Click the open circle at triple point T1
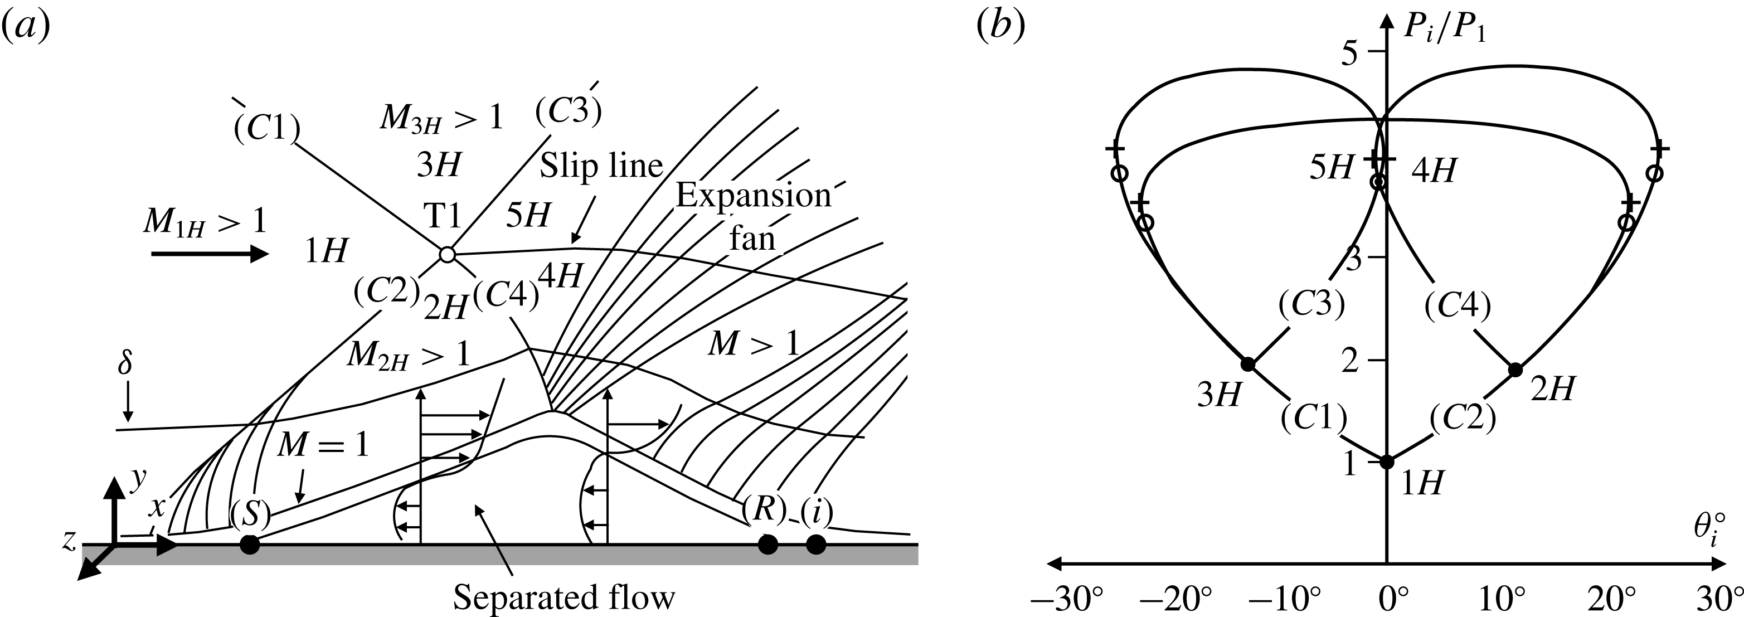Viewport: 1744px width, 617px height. [x=447, y=255]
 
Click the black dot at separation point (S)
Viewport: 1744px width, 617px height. [x=250, y=544]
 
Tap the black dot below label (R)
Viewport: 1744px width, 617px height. [x=767, y=544]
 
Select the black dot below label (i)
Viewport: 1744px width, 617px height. [x=816, y=544]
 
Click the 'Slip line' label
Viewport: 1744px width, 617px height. [x=600, y=166]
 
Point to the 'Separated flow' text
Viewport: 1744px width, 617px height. [x=564, y=597]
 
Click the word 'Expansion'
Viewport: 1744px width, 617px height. [x=753, y=196]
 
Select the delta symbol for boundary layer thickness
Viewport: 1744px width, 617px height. [x=125, y=364]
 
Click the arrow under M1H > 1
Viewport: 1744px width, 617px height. [x=210, y=255]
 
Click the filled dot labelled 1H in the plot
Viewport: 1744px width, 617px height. [x=1387, y=462]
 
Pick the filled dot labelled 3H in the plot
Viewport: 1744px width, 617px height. [x=1249, y=365]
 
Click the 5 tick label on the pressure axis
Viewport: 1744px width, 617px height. [x=1350, y=53]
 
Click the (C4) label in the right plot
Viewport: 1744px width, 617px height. [x=1458, y=306]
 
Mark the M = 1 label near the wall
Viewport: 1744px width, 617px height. [x=323, y=445]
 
